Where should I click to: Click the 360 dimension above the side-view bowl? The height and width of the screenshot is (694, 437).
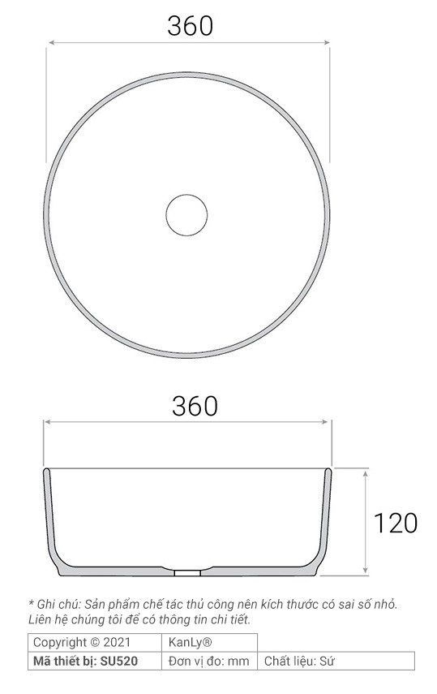coord(195,405)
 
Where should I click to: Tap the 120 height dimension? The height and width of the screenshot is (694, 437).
coord(395,523)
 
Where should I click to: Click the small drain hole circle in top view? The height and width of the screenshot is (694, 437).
coord(187,214)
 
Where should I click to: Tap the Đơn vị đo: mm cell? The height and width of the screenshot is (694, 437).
coord(209,661)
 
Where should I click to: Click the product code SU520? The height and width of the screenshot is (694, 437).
coord(120,661)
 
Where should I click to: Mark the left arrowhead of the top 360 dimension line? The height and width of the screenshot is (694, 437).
coord(49,45)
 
